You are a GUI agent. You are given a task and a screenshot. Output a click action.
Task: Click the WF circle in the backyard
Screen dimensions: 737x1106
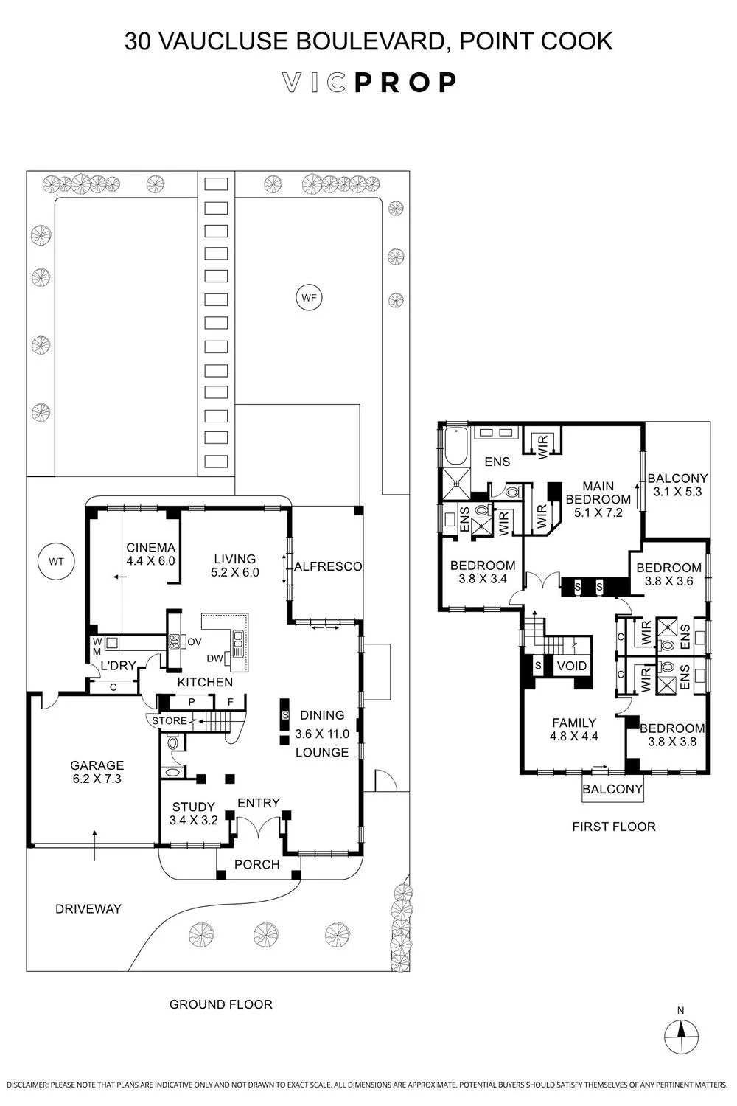(x=309, y=298)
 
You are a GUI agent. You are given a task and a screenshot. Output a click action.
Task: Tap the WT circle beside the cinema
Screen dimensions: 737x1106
(x=56, y=561)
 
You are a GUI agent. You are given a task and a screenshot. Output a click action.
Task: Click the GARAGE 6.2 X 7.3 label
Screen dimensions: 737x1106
(x=97, y=772)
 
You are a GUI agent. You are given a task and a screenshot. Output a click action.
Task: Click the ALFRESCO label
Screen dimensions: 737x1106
(x=328, y=566)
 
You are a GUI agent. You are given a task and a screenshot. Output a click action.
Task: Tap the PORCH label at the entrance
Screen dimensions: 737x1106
(x=257, y=864)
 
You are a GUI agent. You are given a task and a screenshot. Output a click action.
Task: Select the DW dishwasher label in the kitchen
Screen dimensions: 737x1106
(x=214, y=658)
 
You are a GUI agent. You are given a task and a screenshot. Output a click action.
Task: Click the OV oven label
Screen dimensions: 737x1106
(x=195, y=642)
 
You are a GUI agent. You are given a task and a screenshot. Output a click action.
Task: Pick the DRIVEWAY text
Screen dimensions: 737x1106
(x=88, y=909)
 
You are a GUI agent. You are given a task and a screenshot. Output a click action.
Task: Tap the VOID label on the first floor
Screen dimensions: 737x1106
(x=572, y=666)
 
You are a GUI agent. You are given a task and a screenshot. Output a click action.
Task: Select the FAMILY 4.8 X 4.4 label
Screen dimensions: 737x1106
(x=574, y=730)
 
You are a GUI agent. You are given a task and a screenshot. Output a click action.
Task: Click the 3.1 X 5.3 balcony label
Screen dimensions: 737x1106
(x=678, y=492)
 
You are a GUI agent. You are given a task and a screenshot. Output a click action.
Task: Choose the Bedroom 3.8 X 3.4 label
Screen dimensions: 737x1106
(x=483, y=571)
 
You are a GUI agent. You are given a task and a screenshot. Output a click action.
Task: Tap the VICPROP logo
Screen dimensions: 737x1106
(x=368, y=83)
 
